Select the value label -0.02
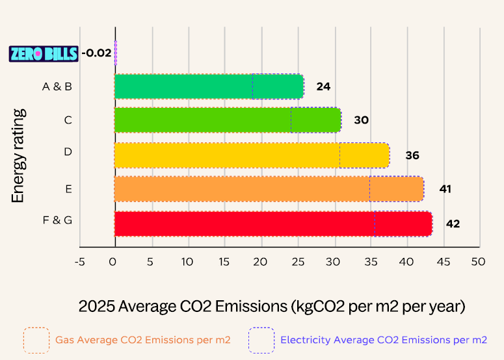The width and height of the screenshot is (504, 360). (x=96, y=53)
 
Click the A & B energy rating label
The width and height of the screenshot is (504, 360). (x=57, y=86)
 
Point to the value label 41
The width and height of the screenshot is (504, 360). (x=445, y=189)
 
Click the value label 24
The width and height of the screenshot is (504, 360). (x=324, y=86)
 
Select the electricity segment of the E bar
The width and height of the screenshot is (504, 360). (x=397, y=189)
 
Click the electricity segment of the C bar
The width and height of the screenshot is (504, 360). (x=315, y=120)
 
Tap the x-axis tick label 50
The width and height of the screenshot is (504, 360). (x=479, y=262)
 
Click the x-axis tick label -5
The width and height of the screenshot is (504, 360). (x=79, y=262)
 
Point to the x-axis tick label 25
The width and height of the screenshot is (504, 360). (x=298, y=262)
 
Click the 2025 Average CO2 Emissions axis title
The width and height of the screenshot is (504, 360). (x=272, y=305)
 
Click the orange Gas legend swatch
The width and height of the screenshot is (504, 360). (x=36, y=340)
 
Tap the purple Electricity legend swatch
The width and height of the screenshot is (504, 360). (x=261, y=340)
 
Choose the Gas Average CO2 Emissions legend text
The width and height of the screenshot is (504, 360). (x=142, y=340)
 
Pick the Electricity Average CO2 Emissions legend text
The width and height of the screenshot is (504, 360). (x=383, y=340)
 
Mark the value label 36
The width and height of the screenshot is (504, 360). (x=412, y=156)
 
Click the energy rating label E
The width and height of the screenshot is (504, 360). (x=68, y=189)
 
